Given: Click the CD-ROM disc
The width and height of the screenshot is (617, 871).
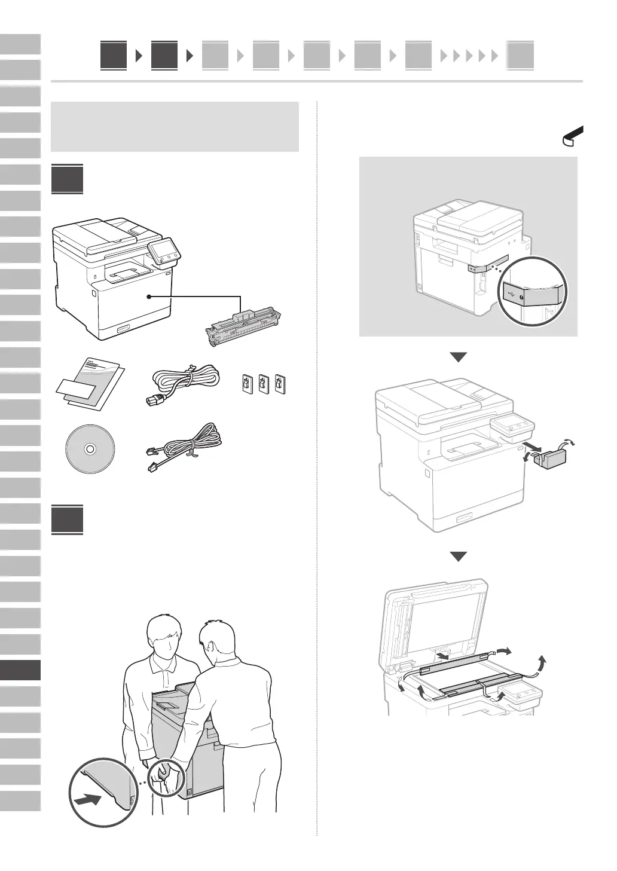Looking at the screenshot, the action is point(88,449).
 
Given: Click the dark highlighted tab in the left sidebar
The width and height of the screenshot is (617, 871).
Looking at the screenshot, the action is point(20,670).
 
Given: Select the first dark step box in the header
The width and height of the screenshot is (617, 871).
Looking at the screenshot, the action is point(114,56).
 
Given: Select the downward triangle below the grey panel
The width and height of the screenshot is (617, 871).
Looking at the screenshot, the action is point(459,357).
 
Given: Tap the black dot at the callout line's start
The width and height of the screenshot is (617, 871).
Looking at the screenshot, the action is point(148,296).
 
